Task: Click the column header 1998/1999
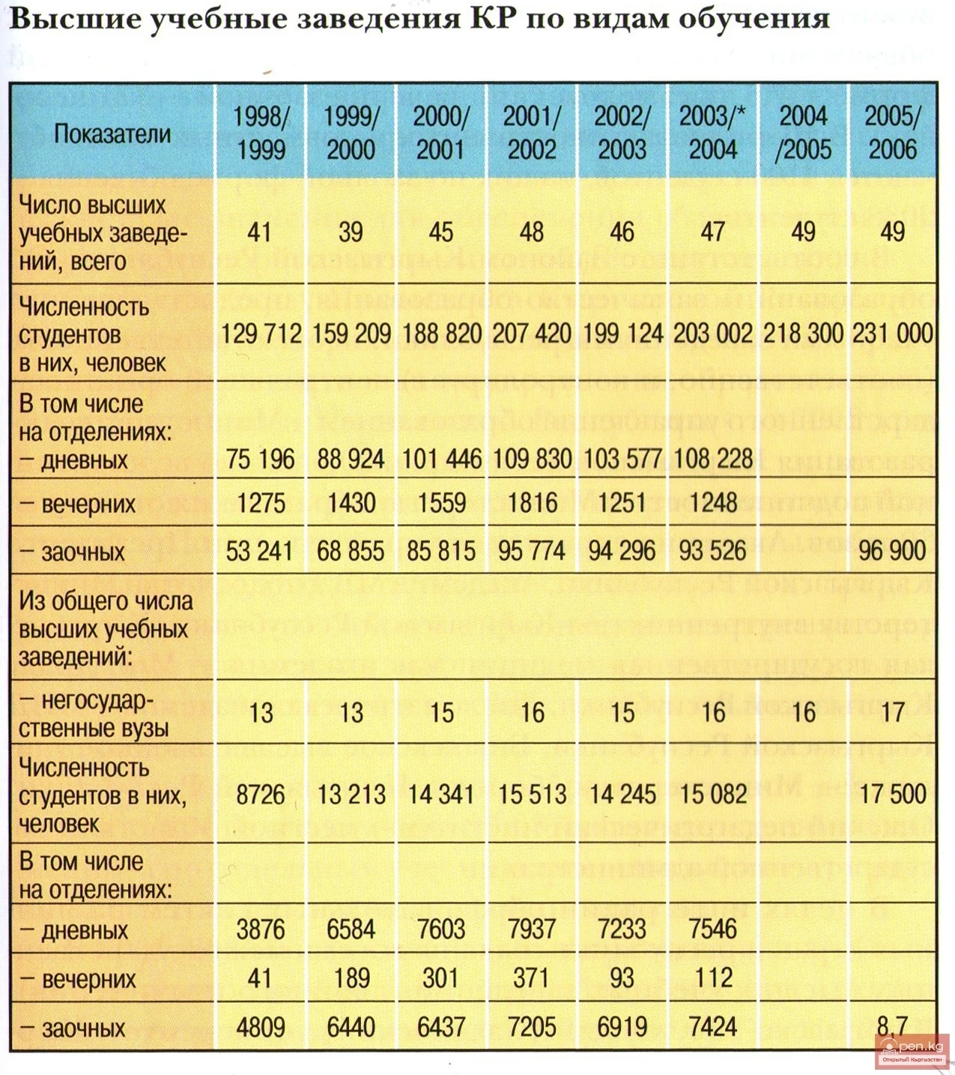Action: tap(260, 133)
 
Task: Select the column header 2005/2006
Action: tap(892, 133)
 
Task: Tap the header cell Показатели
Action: tap(112, 134)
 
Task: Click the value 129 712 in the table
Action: tap(261, 333)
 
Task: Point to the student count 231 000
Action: tap(892, 333)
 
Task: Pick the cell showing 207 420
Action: tap(531, 333)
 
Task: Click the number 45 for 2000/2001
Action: tap(440, 232)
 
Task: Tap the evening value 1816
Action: tap(531, 502)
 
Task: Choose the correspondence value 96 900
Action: tap(892, 551)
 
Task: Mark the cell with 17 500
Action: tap(892, 795)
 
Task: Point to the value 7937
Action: tap(531, 930)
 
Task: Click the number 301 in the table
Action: tap(440, 978)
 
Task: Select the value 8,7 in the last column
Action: tap(892, 1025)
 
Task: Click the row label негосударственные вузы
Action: tap(94, 714)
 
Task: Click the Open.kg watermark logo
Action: tap(912, 1050)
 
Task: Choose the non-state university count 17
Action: tap(892, 712)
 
